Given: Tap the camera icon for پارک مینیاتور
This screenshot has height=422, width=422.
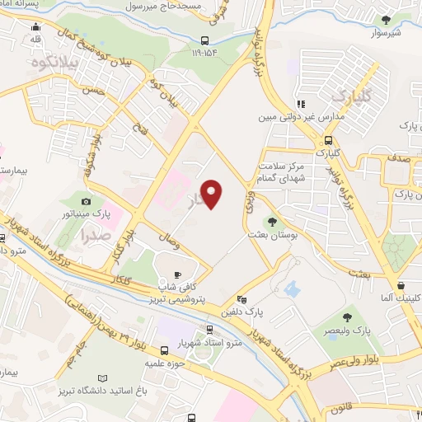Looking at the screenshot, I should pyautogui.click(x=87, y=200).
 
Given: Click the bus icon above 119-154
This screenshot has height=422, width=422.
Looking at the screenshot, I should pyautogui.click(x=204, y=39).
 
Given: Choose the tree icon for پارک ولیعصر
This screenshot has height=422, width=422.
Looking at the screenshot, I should pyautogui.click(x=345, y=316).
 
